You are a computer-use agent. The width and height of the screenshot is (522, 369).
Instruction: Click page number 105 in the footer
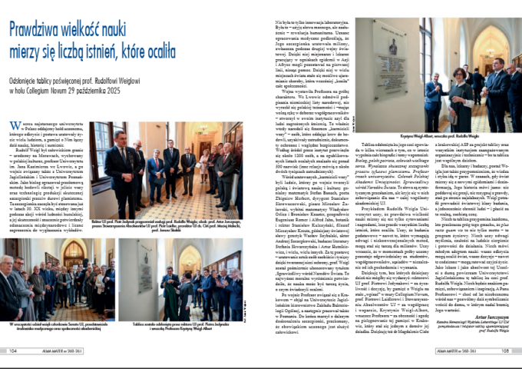coord(507,352)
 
